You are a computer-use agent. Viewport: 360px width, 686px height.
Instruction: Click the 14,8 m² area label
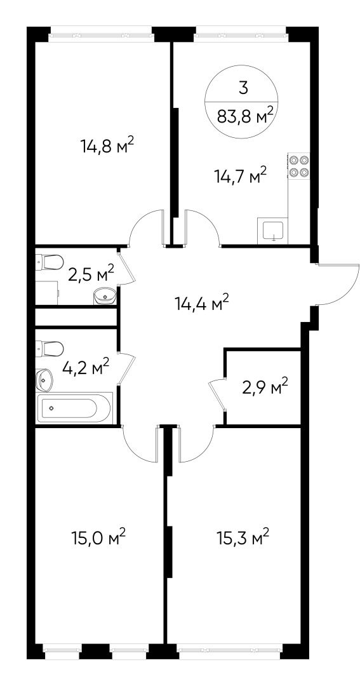click(107, 145)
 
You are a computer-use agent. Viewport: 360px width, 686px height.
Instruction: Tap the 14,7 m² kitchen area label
click(240, 177)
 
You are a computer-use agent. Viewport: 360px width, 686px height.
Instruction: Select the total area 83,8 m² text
click(245, 116)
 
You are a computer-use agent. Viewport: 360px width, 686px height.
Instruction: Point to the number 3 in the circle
click(244, 88)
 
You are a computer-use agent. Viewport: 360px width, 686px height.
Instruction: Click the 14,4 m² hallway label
click(202, 303)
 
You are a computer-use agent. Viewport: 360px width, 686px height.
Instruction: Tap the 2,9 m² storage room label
click(265, 386)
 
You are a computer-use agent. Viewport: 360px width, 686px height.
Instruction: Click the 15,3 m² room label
click(243, 538)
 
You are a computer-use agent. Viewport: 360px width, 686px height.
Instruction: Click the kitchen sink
click(273, 232)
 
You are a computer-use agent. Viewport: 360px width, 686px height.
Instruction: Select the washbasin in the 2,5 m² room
click(104, 297)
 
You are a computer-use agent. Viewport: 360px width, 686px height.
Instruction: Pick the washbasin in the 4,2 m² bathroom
click(44, 380)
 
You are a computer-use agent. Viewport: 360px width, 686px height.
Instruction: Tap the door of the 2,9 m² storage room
click(217, 395)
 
